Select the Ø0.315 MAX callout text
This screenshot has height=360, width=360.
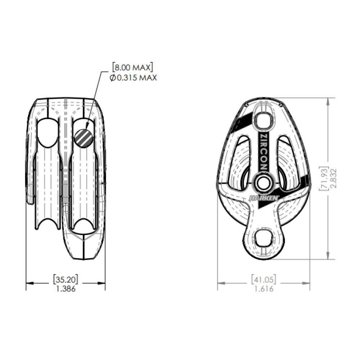coord(133,77)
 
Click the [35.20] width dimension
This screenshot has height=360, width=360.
coord(66,279)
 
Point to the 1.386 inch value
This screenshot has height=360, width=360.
coord(66,288)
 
